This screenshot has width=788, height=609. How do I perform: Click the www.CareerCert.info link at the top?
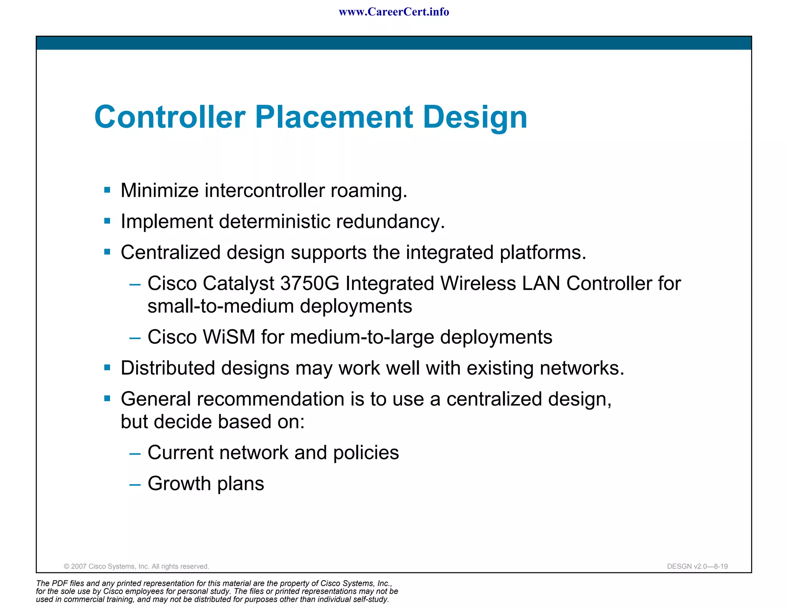click(394, 12)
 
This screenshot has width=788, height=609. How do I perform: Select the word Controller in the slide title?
click(170, 117)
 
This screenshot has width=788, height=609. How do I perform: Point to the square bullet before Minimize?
click(107, 190)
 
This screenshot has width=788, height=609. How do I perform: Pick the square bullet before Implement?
click(107, 221)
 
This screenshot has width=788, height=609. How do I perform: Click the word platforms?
click(543, 253)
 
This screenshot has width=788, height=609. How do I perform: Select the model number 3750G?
click(310, 284)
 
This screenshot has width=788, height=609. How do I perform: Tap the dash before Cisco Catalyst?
click(135, 284)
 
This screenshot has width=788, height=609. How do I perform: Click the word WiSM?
click(229, 337)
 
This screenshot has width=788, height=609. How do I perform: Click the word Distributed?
click(166, 368)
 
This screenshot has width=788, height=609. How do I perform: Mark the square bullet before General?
click(107, 398)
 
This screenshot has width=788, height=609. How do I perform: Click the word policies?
click(366, 453)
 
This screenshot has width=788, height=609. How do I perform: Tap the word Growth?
click(179, 484)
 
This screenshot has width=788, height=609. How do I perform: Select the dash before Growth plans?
click(135, 485)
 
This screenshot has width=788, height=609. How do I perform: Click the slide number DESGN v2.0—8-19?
click(697, 567)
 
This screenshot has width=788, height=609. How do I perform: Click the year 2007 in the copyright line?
click(79, 567)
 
